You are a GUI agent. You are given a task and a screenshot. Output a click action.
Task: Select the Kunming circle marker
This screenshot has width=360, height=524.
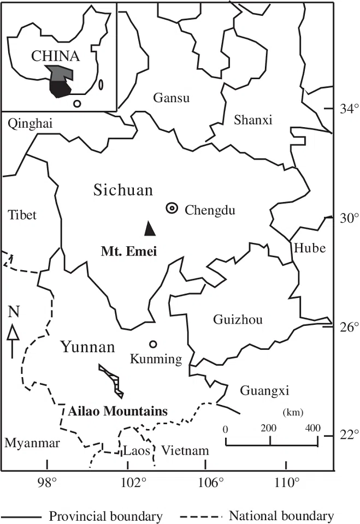point(153,344)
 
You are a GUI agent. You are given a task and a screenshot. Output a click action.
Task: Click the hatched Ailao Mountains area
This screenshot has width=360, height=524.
point(113,380)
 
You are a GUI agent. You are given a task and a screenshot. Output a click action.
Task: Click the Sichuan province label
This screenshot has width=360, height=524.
point(123,190)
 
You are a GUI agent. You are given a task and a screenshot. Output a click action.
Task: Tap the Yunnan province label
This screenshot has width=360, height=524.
point(87,347)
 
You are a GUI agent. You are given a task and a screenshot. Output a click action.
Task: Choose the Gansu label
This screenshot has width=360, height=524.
point(171,98)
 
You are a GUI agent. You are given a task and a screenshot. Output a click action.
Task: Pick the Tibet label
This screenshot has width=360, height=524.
point(22,215)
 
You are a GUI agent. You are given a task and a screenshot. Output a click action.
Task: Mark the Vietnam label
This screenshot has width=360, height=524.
point(185,451)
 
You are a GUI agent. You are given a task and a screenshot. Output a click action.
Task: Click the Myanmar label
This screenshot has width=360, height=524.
point(32,444)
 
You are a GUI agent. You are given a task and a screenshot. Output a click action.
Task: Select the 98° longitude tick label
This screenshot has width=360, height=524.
point(47,482)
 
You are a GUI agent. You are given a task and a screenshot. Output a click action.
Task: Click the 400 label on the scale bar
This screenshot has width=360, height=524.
point(312,428)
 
